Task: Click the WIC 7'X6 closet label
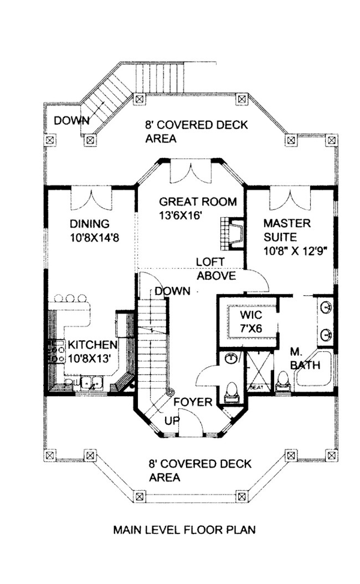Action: [x=251, y=321]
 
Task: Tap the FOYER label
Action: [x=193, y=402]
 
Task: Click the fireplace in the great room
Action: [x=231, y=234]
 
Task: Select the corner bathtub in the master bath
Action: [x=313, y=369]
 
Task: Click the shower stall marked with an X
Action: [x=260, y=372]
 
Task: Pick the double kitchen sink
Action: [x=92, y=383]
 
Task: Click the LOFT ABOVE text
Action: [x=216, y=269]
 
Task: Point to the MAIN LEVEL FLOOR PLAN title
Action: [x=184, y=529]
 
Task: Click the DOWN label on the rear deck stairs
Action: [x=71, y=121]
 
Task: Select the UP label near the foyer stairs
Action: [x=172, y=421]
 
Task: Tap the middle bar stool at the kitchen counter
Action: [x=71, y=298]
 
